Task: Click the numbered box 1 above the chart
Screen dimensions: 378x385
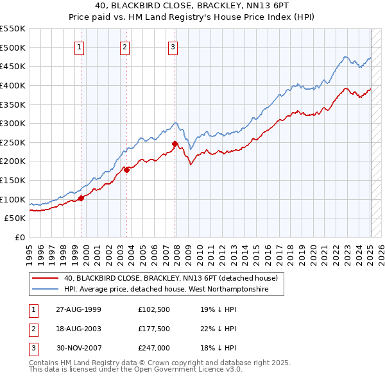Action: coord(79,46)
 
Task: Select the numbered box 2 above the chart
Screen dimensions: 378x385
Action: coord(124,46)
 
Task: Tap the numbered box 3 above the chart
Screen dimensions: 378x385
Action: coord(173,46)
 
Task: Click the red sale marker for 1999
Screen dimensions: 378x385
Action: coord(81,199)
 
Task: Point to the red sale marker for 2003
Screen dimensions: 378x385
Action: coord(127,170)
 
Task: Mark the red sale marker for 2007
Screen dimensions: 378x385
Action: coord(175,144)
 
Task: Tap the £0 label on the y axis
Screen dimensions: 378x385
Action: coord(19,237)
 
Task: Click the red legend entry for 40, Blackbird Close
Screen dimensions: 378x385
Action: coord(170,279)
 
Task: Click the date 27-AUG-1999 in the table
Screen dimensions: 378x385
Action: coord(78,309)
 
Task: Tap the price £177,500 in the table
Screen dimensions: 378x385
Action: coord(153,329)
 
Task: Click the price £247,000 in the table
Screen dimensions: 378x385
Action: coord(153,348)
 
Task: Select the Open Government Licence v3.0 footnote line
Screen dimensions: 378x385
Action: coord(136,370)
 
